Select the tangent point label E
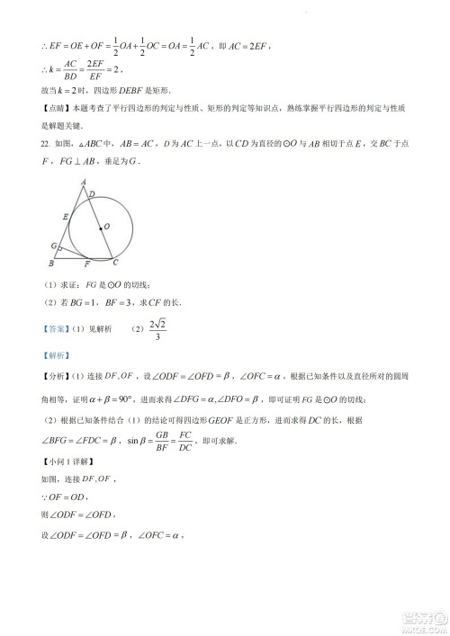coord(65,217)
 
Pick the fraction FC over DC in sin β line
coord(185,442)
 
